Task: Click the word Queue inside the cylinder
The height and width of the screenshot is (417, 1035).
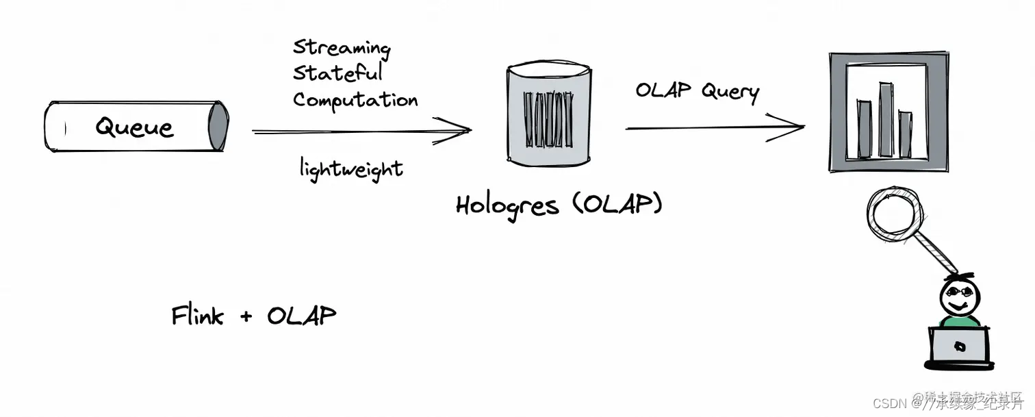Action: [134, 127]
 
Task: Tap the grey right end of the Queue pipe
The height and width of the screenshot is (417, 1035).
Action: [218, 125]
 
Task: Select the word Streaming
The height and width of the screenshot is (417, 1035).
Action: [342, 48]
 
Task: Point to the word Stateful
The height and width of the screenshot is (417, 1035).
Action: [337, 73]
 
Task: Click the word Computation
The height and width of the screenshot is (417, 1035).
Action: [355, 100]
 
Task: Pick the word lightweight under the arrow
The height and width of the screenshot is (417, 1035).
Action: [350, 168]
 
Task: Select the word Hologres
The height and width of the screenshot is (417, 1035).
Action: [507, 205]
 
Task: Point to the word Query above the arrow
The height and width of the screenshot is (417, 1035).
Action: [730, 92]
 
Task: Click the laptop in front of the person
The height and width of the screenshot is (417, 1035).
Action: [958, 346]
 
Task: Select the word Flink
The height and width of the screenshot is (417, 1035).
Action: [197, 316]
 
